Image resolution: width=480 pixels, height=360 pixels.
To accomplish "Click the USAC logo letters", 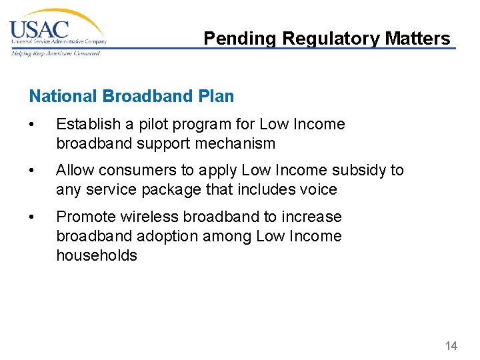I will [39, 30].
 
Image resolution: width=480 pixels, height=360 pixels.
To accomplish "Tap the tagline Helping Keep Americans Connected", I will [55, 53].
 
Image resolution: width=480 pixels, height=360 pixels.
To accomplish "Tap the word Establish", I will [85, 124].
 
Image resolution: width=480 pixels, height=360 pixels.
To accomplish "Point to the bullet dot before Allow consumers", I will [33, 171].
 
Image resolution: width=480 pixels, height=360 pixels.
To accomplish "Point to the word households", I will [96, 256].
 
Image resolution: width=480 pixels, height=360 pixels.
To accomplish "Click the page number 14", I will [451, 345].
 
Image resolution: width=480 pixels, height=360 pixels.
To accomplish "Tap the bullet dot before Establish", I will [33, 125].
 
